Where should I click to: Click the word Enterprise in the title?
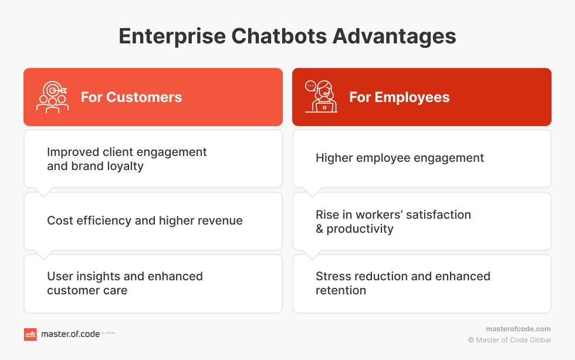(x=172, y=36)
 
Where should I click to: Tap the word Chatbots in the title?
(x=279, y=36)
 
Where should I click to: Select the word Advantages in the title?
(x=394, y=37)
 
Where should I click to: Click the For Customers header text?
(x=131, y=97)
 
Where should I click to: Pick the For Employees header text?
(x=400, y=97)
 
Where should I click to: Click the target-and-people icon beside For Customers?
(x=52, y=97)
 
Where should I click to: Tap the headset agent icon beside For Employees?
(x=322, y=96)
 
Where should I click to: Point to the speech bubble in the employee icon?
(x=310, y=86)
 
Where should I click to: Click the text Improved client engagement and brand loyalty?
(x=127, y=159)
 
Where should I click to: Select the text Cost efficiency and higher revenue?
(x=145, y=220)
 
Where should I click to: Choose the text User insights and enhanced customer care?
(x=124, y=283)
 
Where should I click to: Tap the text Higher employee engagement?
(x=400, y=158)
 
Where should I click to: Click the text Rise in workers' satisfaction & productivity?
(x=393, y=222)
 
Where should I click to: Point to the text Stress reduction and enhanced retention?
(x=403, y=283)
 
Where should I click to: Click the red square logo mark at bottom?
(x=31, y=334)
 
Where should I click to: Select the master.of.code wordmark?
(x=70, y=334)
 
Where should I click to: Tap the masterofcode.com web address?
(x=518, y=329)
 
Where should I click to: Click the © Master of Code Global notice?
(x=509, y=340)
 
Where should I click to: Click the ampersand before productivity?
(x=319, y=229)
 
